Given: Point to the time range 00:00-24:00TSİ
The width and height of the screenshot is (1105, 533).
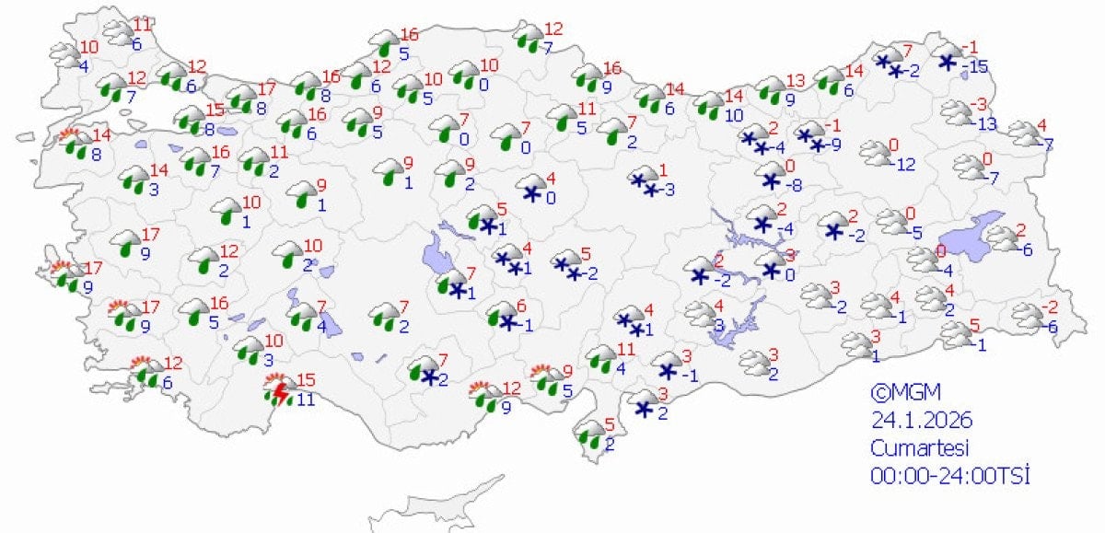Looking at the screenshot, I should coord(949,476).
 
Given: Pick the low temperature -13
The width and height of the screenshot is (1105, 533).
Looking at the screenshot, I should coord(984,124).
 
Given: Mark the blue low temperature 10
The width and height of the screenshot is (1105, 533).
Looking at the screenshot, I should coord(733,115).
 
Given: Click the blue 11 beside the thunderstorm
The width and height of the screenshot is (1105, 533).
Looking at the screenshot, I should coord(304,400).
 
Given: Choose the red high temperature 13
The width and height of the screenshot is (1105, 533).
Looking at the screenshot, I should coord(796,80).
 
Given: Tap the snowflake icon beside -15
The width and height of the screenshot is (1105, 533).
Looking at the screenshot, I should coord(947,62).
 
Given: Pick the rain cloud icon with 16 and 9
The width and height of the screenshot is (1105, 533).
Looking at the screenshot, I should coord(587,76).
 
